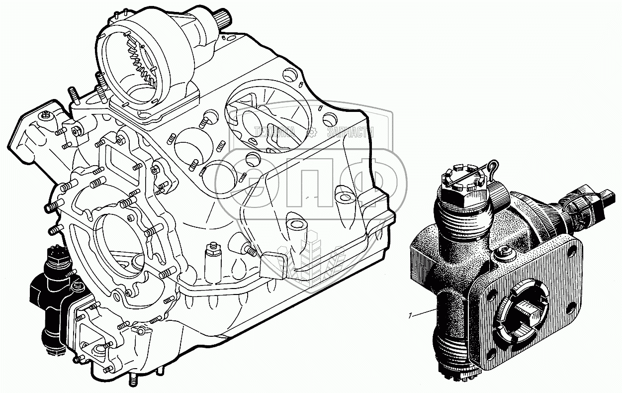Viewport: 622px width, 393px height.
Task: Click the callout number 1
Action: pos(409,315)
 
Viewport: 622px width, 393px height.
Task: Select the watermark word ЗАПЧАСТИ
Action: pos(351,132)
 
